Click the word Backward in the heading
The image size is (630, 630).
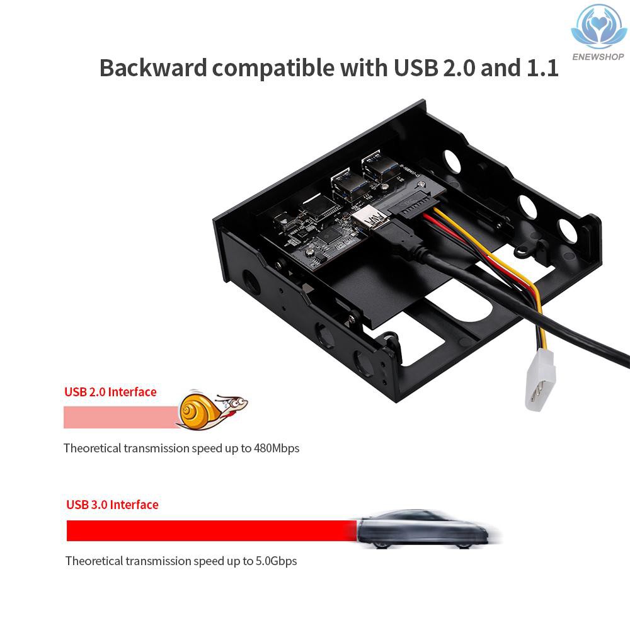153,67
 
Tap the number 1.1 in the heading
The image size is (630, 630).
541,67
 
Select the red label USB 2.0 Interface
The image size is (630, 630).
110,392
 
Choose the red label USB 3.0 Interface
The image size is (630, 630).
112,505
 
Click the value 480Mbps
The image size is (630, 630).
277,449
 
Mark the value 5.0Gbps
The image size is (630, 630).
276,561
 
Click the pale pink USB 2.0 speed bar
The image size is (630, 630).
120,417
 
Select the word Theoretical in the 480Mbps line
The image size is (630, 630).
93,449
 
